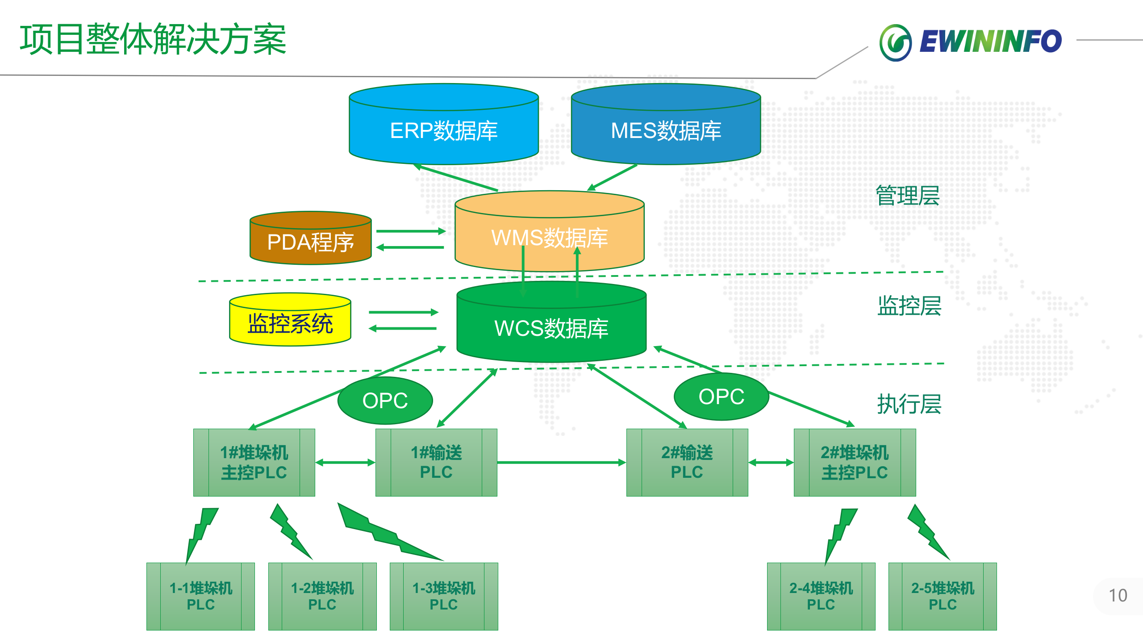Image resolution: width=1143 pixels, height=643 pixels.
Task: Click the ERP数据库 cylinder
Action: pyautogui.click(x=443, y=130)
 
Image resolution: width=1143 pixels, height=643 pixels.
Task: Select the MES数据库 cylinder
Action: pyautogui.click(x=666, y=130)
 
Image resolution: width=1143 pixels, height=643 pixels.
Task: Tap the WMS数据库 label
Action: pyautogui.click(x=549, y=238)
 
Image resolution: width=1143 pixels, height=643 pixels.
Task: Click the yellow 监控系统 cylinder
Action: pyautogui.click(x=290, y=323)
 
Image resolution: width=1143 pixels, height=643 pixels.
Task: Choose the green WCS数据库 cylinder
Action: pyautogui.click(x=551, y=328)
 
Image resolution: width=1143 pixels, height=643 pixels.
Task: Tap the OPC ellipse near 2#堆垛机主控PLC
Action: pyautogui.click(x=721, y=397)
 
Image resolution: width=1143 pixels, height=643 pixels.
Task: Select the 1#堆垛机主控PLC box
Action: pyautogui.click(x=254, y=463)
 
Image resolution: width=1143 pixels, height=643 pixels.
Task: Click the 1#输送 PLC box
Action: pyautogui.click(x=436, y=463)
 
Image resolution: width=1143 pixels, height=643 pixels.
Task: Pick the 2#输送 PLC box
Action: pyautogui.click(x=687, y=463)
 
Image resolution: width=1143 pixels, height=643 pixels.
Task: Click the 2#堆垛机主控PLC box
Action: pyautogui.click(x=855, y=463)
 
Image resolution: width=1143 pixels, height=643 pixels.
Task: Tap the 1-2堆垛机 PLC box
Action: pyautogui.click(x=322, y=596)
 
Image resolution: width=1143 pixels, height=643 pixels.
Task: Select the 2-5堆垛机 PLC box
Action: pyautogui.click(x=943, y=596)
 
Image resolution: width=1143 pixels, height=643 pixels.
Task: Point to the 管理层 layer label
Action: pyautogui.click(x=908, y=196)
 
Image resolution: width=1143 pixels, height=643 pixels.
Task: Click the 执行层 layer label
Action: pyautogui.click(x=909, y=404)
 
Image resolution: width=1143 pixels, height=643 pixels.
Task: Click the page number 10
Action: pyautogui.click(x=1118, y=596)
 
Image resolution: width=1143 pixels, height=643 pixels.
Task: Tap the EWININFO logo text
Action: pyautogui.click(x=990, y=42)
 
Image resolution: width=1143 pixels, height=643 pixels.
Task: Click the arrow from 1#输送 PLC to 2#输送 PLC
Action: pyautogui.click(x=561, y=463)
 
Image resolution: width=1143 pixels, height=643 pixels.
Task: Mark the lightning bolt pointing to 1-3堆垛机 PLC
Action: pyautogui.click(x=384, y=534)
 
